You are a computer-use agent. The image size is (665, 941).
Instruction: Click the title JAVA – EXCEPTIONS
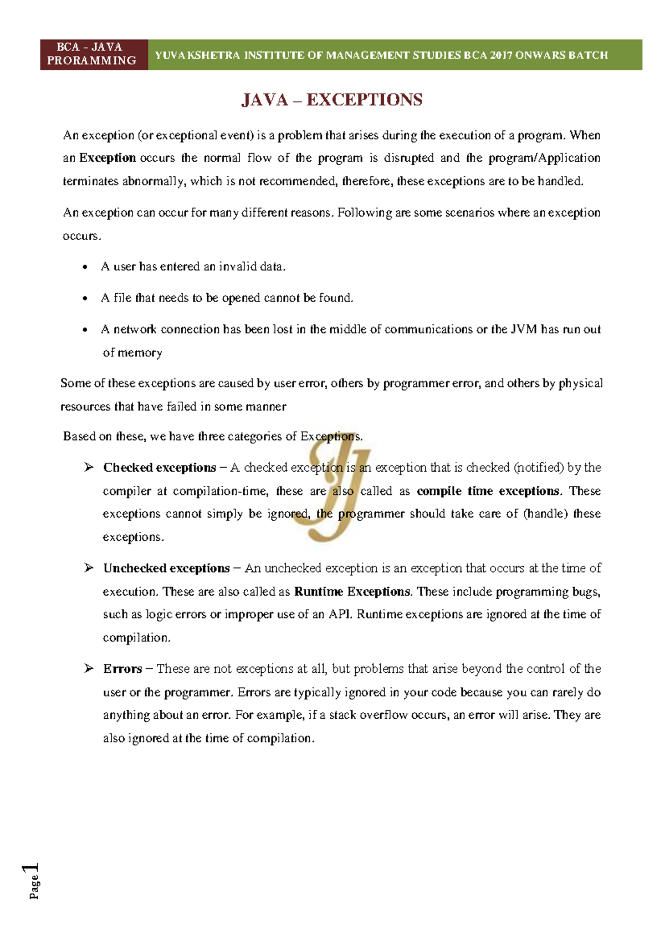point(331,100)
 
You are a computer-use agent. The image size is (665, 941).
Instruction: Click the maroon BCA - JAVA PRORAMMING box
point(93,54)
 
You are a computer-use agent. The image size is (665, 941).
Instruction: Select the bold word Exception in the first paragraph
point(108,158)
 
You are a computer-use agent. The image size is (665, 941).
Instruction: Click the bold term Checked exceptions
point(160,468)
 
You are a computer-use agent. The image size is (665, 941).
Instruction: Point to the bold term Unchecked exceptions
point(166,569)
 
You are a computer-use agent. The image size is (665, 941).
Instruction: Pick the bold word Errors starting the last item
point(122,669)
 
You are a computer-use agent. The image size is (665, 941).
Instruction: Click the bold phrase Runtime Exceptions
point(352,592)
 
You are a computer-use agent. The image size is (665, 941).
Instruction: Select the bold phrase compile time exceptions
point(488,491)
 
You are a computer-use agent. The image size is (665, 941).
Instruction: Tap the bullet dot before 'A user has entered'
point(85,268)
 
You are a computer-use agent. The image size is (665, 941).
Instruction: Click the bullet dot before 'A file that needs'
point(85,299)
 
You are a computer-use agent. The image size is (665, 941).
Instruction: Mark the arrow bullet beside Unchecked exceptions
point(89,568)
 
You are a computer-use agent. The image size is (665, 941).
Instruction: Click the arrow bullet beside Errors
point(89,669)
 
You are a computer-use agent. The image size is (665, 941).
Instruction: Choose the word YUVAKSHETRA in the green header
point(197,55)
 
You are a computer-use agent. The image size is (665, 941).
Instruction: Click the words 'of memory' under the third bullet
point(132,353)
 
